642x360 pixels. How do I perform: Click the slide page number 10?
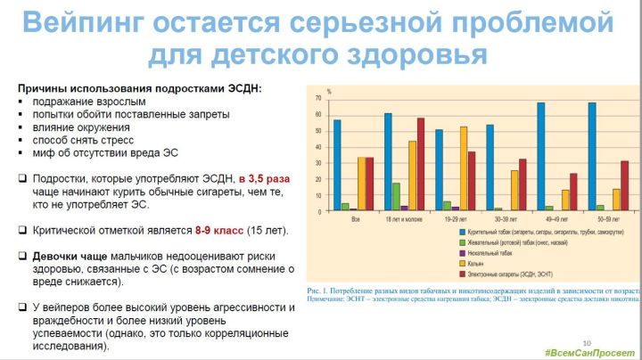pos(586,342)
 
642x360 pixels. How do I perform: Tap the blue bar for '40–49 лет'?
pos(540,156)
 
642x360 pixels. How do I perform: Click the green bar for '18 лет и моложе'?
pos(396,196)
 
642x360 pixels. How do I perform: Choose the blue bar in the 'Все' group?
pos(336,165)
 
